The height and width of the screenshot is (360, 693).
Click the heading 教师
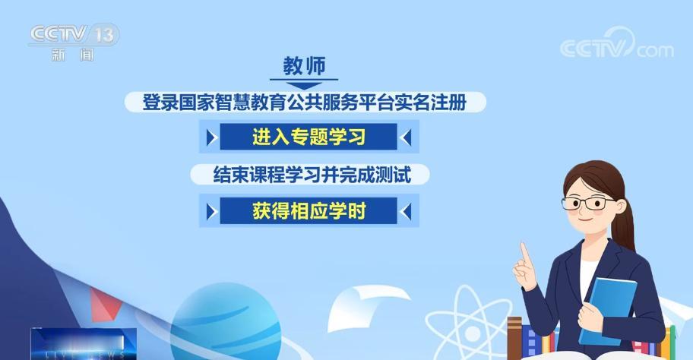pyautogui.click(x=303, y=65)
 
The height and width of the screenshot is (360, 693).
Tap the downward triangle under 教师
pyautogui.click(x=303, y=85)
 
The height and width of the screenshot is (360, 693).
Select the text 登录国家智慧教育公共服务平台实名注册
pyautogui.click(x=314, y=103)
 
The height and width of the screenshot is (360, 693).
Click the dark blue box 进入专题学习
pyautogui.click(x=309, y=137)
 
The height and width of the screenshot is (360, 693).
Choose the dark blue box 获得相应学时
pyautogui.click(x=309, y=211)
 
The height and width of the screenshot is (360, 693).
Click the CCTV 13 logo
pyautogui.click(x=74, y=35)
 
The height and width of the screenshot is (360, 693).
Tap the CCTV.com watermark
pyautogui.click(x=616, y=47)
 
